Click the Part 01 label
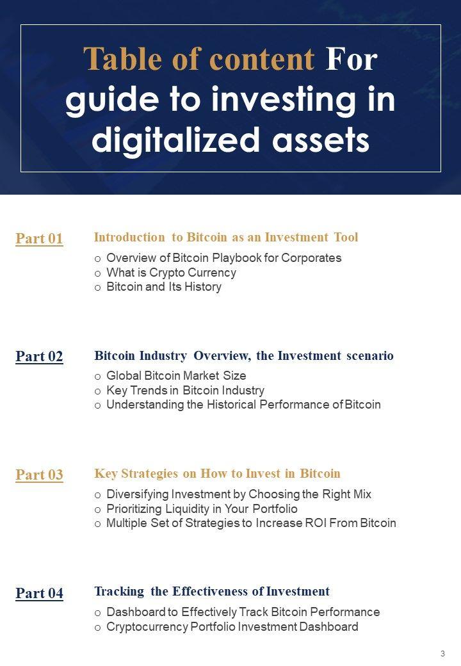coord(40,238)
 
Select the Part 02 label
coord(40,356)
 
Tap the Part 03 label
coord(40,475)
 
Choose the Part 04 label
coord(40,593)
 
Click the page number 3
coord(442,654)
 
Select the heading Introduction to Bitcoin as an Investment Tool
coord(226,237)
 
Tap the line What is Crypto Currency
coord(171,273)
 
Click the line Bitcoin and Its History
coord(164,287)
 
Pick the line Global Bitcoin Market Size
coord(176,375)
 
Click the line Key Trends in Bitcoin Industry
coord(186,391)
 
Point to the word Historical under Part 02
coord(232,404)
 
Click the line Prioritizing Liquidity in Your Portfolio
coord(202,509)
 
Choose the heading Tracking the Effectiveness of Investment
coord(212,591)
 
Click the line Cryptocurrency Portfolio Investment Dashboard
coord(232,627)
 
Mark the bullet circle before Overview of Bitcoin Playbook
coord(97,259)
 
